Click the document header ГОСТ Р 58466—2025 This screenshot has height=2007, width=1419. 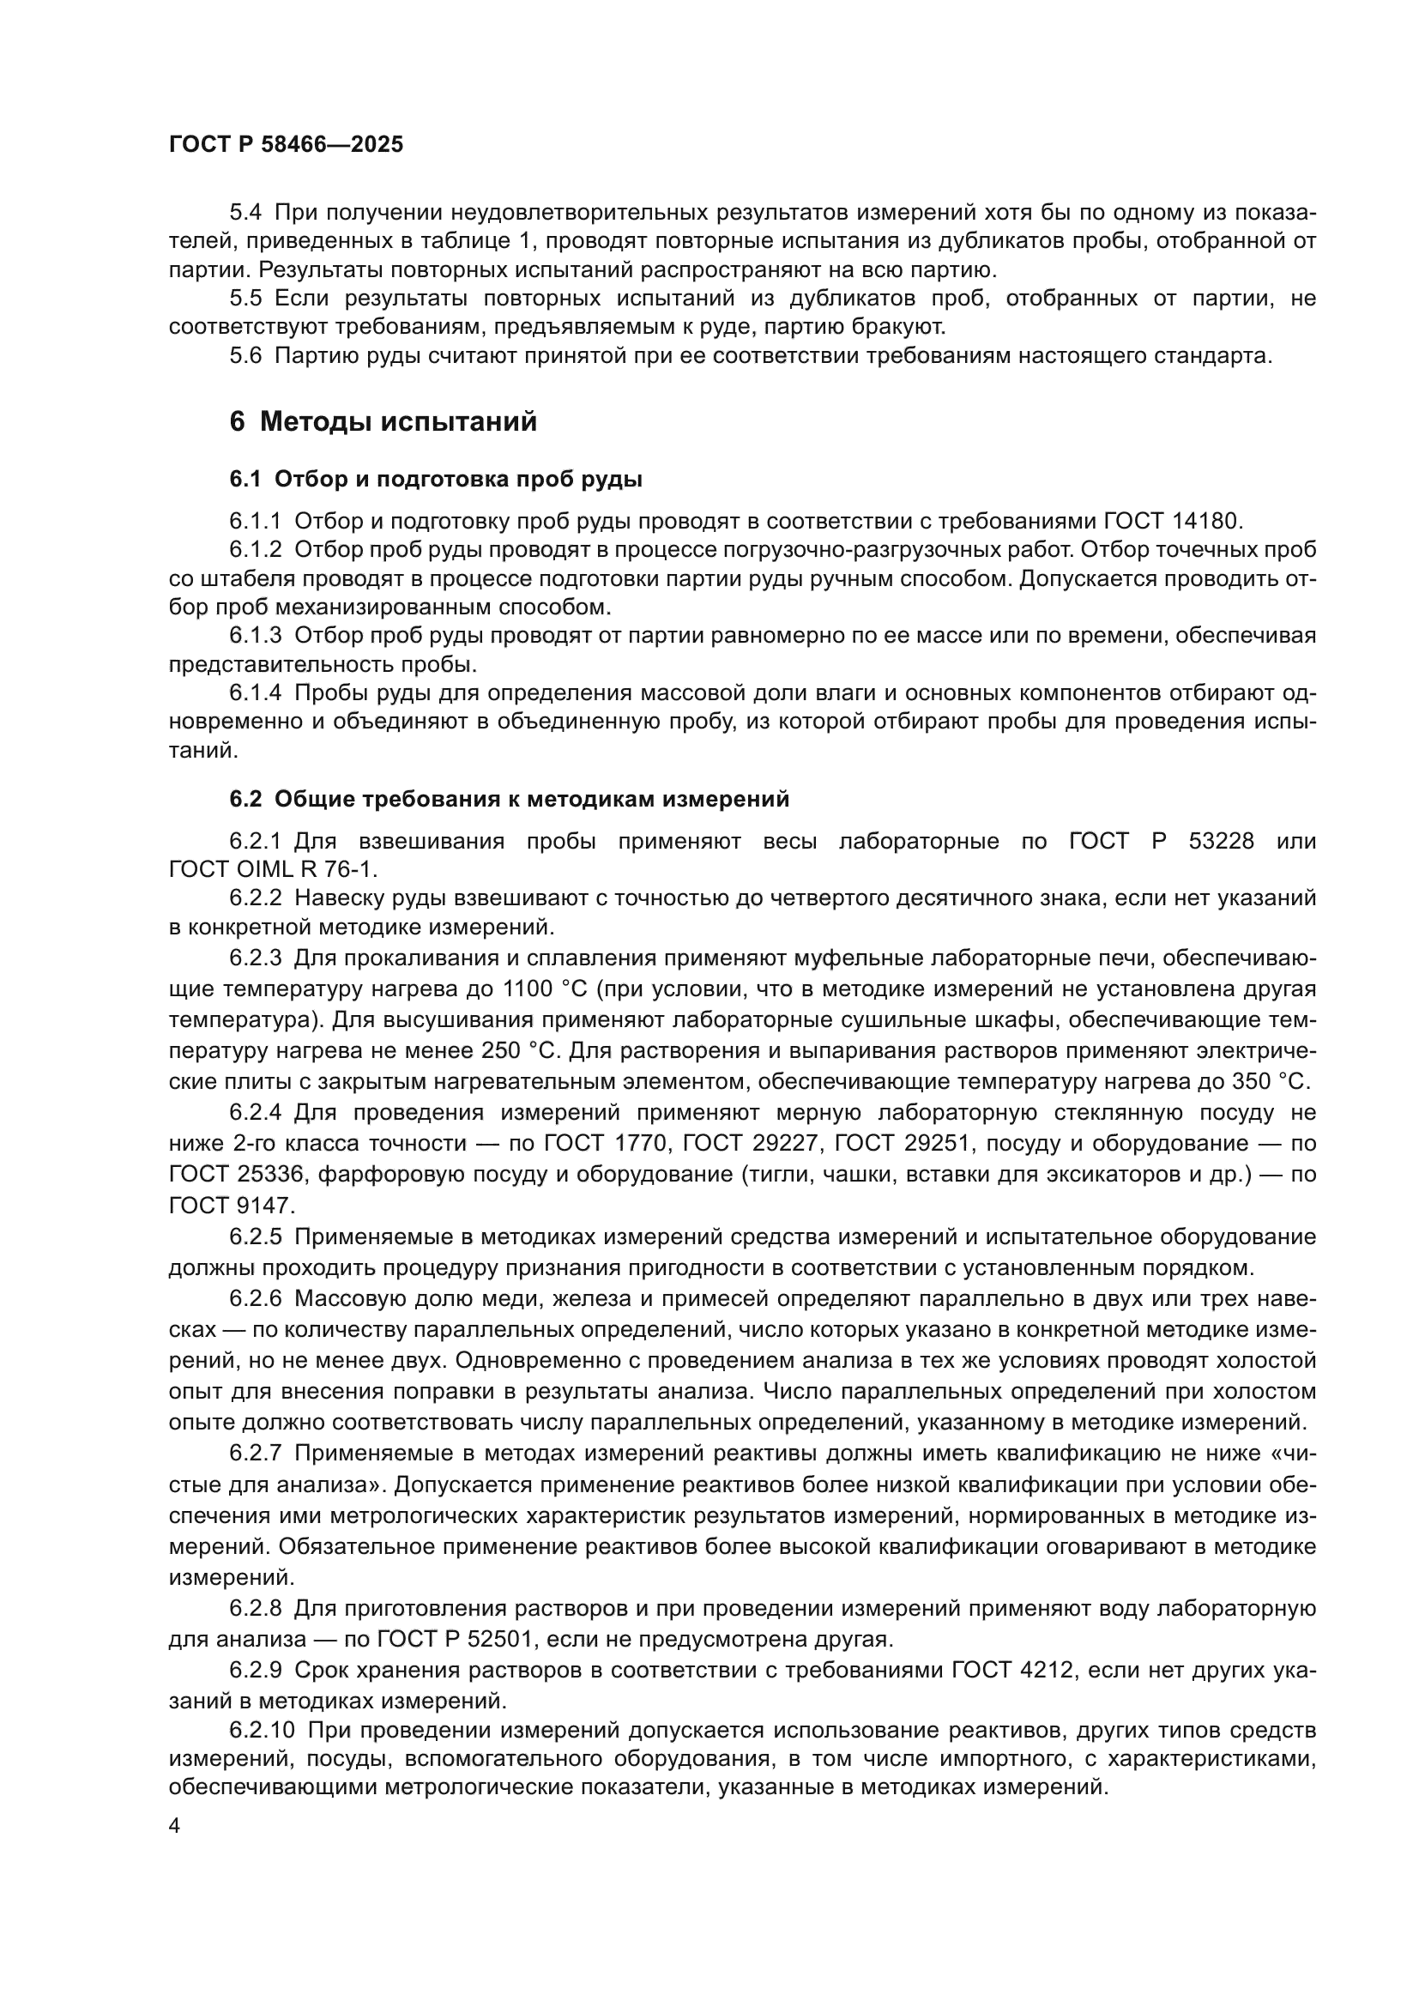[286, 144]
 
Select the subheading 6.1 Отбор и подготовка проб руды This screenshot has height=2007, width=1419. [436, 479]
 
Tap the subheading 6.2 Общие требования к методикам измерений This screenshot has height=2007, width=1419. [510, 799]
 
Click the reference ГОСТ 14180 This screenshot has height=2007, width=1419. [1171, 521]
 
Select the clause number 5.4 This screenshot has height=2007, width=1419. [245, 213]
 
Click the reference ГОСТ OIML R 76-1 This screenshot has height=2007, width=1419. [273, 870]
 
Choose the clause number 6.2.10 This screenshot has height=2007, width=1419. [263, 1731]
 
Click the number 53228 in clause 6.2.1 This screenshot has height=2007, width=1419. [1222, 841]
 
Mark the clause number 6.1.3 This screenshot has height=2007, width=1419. [255, 636]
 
